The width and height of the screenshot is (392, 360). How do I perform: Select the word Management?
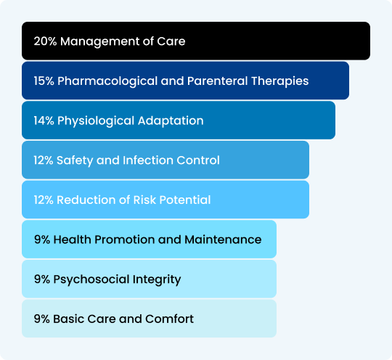(x=99, y=41)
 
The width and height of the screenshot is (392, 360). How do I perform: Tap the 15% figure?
(x=44, y=81)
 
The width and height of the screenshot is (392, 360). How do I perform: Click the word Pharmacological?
(x=107, y=81)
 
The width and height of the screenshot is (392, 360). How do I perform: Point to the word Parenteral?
(x=217, y=81)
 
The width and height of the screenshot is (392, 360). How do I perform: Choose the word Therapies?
(x=279, y=81)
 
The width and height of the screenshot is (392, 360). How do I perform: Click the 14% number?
(x=44, y=120)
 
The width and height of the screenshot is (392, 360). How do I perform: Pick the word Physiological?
(x=96, y=121)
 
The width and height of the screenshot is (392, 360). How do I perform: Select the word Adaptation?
(x=171, y=121)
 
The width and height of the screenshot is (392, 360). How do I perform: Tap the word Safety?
(x=75, y=160)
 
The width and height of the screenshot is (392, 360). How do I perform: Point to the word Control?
(x=198, y=160)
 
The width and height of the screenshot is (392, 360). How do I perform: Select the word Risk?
(x=144, y=200)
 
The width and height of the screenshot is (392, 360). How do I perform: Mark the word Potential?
(x=185, y=200)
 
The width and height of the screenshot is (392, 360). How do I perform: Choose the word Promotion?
(x=125, y=240)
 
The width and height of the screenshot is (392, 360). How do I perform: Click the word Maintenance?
(x=223, y=240)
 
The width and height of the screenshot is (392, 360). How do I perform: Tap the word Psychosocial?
(x=91, y=279)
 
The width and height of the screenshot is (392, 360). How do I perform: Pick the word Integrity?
(x=157, y=279)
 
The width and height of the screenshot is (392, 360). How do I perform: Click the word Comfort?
(x=169, y=319)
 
